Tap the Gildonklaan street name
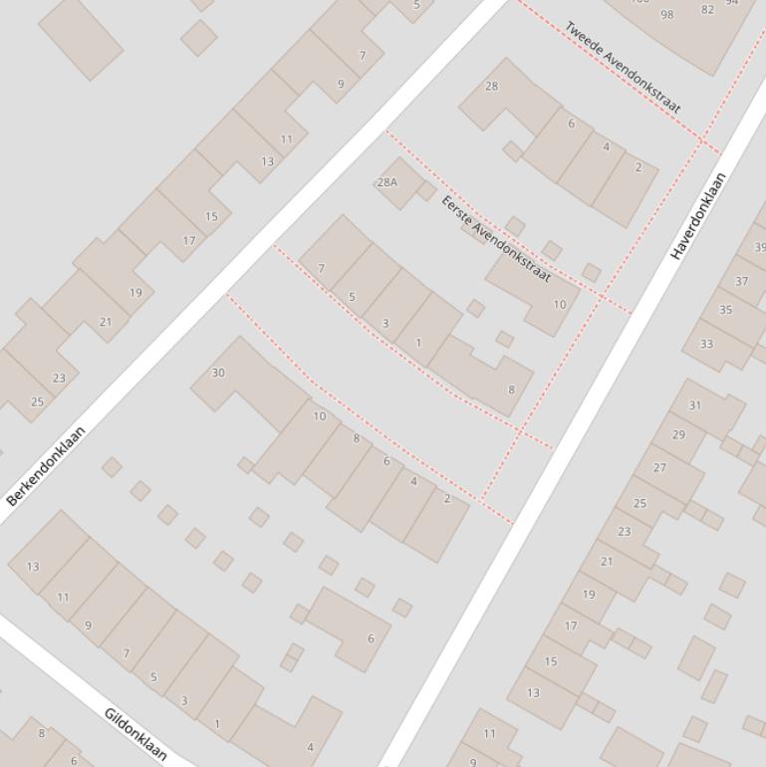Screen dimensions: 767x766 click(x=135, y=734)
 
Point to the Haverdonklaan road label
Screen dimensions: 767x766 click(x=698, y=216)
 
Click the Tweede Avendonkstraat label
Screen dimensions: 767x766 click(x=624, y=67)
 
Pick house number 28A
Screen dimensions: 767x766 click(x=386, y=182)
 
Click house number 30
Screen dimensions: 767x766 click(x=218, y=373)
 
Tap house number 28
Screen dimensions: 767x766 click(x=491, y=86)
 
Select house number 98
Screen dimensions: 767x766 click(x=667, y=14)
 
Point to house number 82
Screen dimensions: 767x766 click(x=708, y=10)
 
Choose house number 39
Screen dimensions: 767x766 click(x=759, y=247)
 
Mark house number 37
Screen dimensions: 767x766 click(x=742, y=281)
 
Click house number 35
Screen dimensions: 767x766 click(x=725, y=310)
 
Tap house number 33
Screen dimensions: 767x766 click(x=706, y=344)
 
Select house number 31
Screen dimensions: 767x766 click(x=695, y=405)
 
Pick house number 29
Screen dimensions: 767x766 click(x=678, y=434)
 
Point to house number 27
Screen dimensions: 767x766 click(x=659, y=467)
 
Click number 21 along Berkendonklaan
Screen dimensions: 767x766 click(x=106, y=322)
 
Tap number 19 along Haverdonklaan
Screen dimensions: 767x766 click(x=589, y=595)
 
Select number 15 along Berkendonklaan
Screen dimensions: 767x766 click(x=211, y=216)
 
